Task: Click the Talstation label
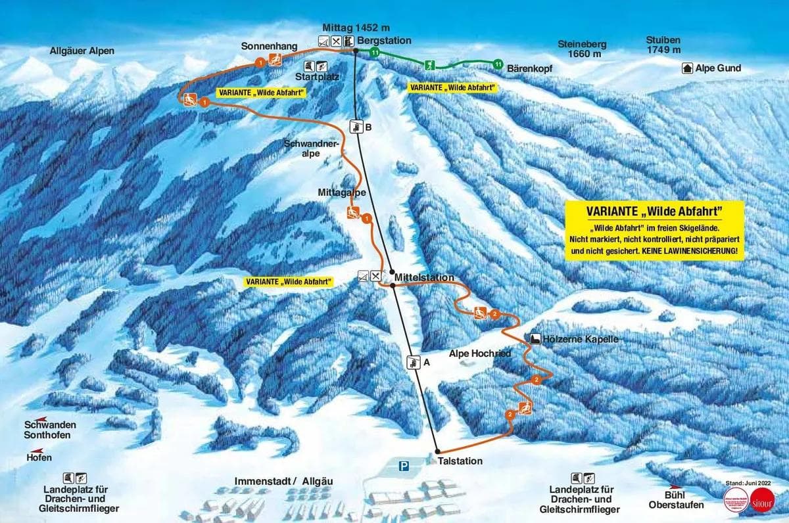pyautogui.click(x=460, y=461)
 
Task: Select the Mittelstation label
pyautogui.click(x=425, y=278)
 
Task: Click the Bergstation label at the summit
pyautogui.click(x=379, y=41)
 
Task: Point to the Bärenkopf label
pyautogui.click(x=529, y=68)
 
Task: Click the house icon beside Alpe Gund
pyautogui.click(x=688, y=68)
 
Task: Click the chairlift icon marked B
pyautogui.click(x=356, y=127)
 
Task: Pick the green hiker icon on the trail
pyautogui.click(x=429, y=64)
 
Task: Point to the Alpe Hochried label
pyautogui.click(x=480, y=353)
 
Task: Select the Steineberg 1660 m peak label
pyautogui.click(x=582, y=49)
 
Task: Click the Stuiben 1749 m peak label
pyautogui.click(x=663, y=45)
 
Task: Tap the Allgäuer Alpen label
pyautogui.click(x=82, y=51)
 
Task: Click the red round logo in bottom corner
pyautogui.click(x=762, y=497)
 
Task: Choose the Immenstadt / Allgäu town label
pyautogui.click(x=284, y=482)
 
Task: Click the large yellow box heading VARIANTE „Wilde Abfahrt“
pyautogui.click(x=654, y=212)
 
